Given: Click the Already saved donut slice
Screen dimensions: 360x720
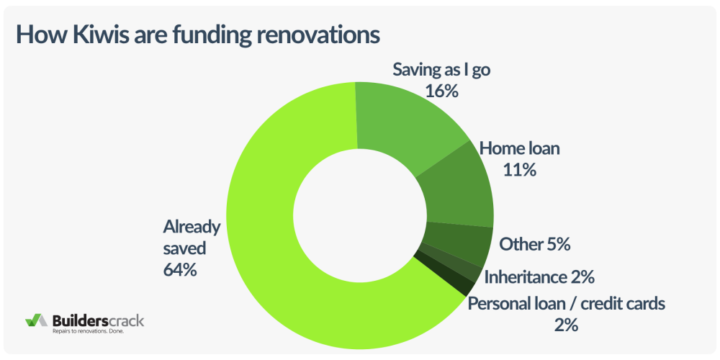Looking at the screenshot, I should pos(288,238).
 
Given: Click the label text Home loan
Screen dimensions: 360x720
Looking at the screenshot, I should pos(520,149).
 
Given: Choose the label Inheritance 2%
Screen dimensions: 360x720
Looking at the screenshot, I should pos(539,276).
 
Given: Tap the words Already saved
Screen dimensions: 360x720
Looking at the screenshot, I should pos(190,238).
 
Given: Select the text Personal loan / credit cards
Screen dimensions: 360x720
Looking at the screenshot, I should pos(567,302).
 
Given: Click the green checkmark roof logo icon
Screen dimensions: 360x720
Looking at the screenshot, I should pos(35,320).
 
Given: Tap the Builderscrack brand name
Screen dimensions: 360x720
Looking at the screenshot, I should pos(98,319).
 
